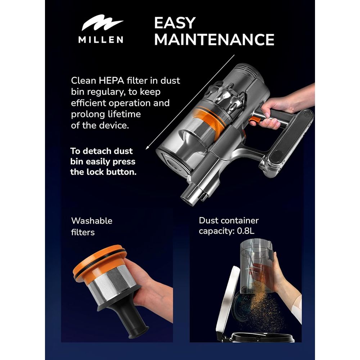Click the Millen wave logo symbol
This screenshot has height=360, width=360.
(x=102, y=23)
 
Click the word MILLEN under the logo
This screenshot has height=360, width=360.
(x=101, y=40)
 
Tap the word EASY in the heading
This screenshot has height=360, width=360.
(x=175, y=23)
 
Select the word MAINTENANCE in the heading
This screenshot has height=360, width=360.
(x=214, y=40)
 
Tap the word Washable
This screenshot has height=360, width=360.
(x=91, y=221)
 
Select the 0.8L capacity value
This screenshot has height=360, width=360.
(x=246, y=231)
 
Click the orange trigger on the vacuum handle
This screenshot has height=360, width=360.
(x=255, y=120)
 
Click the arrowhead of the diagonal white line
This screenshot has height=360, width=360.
(x=148, y=148)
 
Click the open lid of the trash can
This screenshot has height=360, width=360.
(x=226, y=301)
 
